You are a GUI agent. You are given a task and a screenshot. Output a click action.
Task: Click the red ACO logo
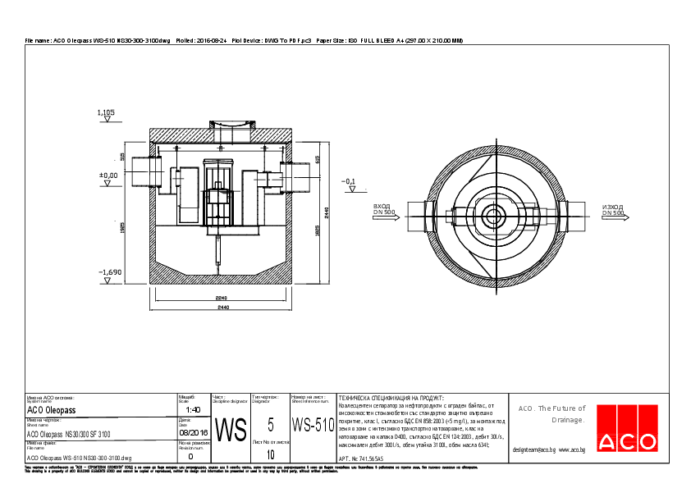[x=626, y=429]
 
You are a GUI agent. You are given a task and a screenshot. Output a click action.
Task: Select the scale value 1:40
[x=194, y=409]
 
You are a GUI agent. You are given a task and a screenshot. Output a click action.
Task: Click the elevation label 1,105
[x=106, y=112]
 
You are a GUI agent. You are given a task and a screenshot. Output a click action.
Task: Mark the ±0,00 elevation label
[x=108, y=175]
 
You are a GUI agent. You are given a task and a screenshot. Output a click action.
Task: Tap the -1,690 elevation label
[x=110, y=271]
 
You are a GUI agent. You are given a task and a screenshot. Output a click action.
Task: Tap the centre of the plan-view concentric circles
[x=494, y=217]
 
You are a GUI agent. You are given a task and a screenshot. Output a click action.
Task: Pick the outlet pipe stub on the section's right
[x=297, y=176]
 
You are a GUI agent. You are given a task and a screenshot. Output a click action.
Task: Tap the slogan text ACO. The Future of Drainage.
[x=551, y=414]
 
